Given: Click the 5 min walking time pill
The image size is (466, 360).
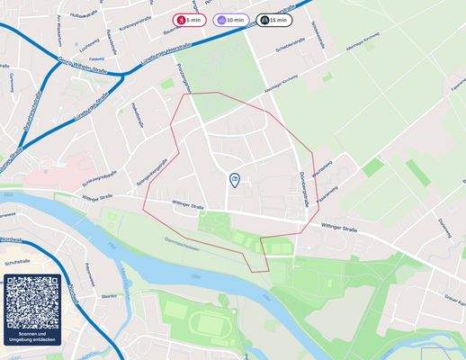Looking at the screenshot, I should click(188, 19).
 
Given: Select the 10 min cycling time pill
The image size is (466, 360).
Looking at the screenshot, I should click(231, 19).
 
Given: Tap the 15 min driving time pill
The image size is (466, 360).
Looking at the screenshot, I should click(273, 19).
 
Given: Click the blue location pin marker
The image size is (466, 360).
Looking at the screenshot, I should click(234, 181).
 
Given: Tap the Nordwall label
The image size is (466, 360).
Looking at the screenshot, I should click(11, 239).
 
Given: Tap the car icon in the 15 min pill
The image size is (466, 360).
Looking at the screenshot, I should click(264, 19).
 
